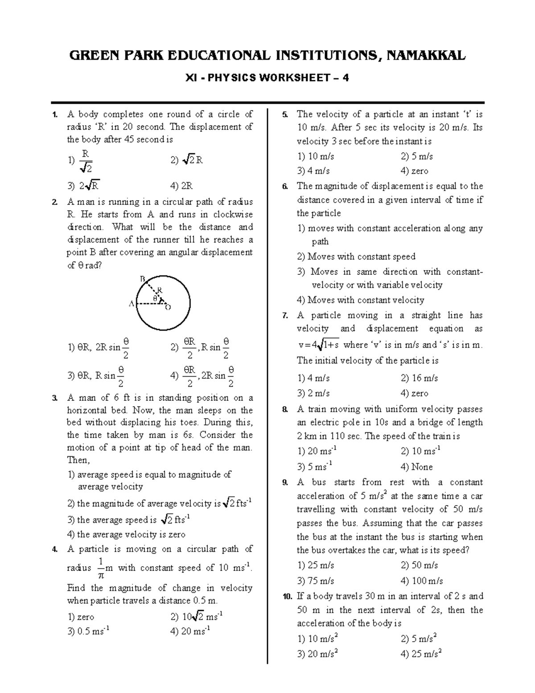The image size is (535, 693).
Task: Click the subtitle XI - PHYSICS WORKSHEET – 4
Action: [x=267, y=78]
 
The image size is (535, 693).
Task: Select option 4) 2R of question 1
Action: [x=181, y=186]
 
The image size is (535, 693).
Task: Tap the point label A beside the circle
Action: [x=131, y=304]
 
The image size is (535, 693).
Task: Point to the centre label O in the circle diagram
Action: [x=168, y=307]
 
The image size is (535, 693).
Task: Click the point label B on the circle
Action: [x=143, y=279]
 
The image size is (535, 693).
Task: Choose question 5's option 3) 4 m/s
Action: [x=313, y=171]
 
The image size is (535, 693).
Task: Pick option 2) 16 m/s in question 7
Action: [x=419, y=378]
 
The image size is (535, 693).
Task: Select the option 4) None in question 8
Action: [x=416, y=467]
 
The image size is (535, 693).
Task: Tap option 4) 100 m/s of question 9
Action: [x=422, y=581]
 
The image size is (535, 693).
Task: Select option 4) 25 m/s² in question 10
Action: [x=421, y=654]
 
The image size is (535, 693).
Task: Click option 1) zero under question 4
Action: [x=81, y=617]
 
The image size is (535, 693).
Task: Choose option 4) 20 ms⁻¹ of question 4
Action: [x=190, y=631]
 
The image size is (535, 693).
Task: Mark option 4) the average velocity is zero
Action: [x=126, y=534]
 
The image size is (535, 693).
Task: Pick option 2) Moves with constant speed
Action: [x=356, y=257]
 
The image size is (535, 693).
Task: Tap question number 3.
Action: [x=55, y=398]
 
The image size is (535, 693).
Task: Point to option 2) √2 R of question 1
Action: [x=187, y=160]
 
